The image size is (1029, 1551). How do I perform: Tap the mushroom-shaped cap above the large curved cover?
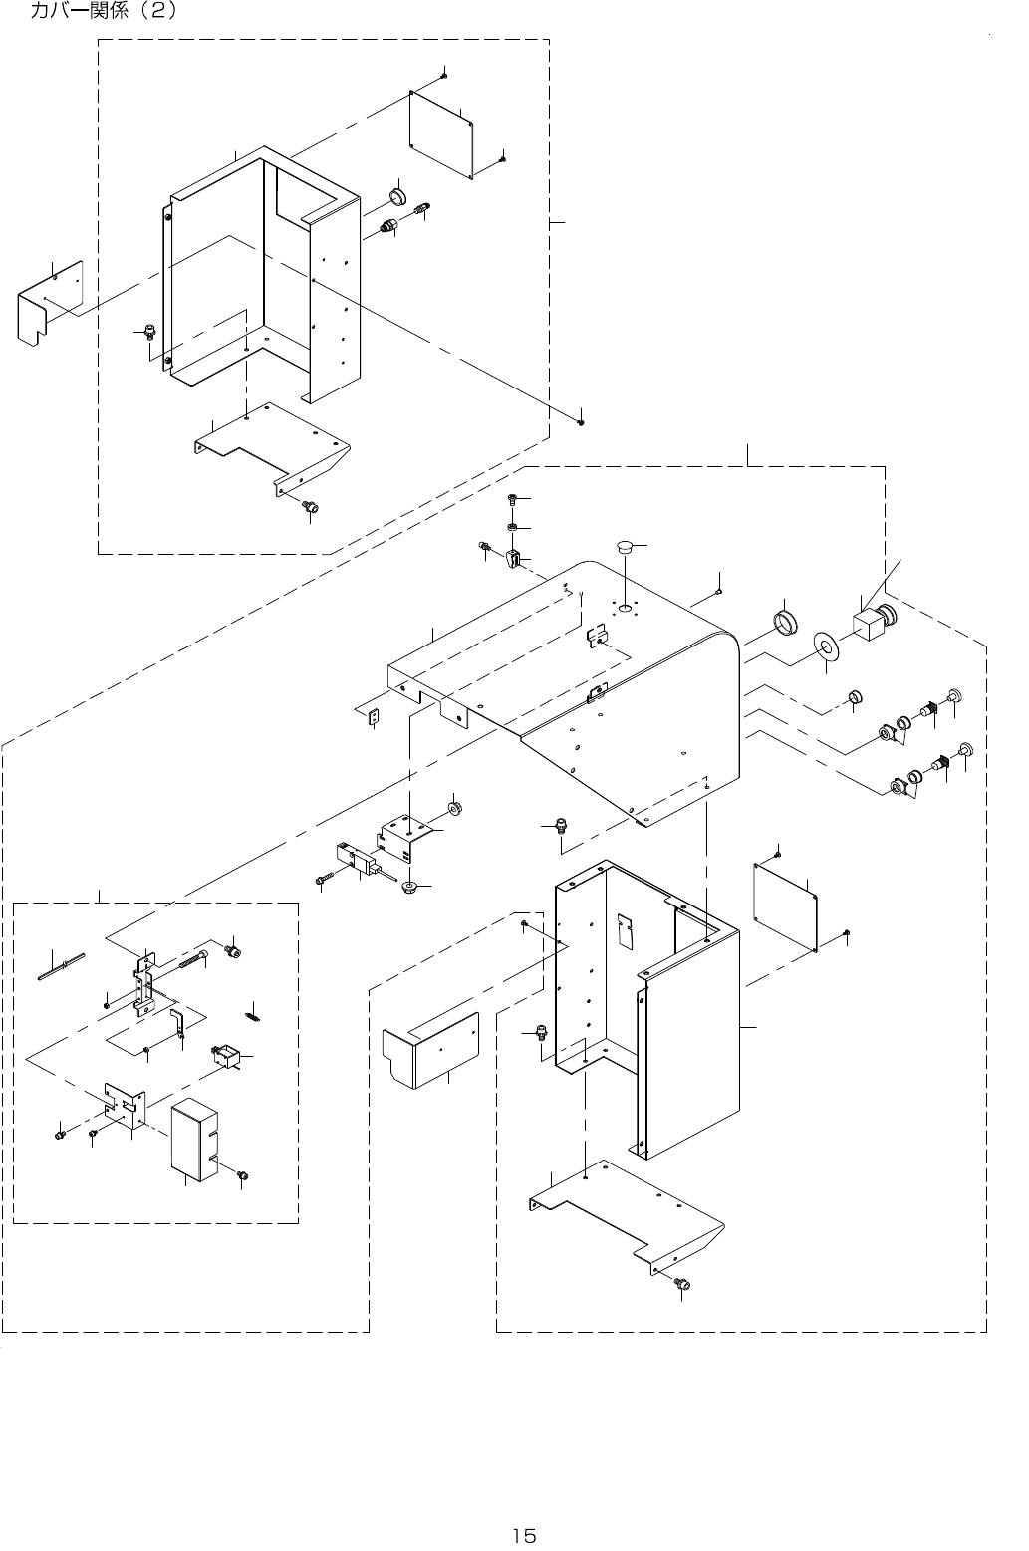tap(624, 546)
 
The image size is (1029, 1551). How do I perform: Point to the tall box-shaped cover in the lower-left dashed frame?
tap(194, 1139)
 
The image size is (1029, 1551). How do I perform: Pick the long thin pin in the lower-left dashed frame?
tap(60, 966)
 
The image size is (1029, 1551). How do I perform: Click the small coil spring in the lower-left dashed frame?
tap(253, 1016)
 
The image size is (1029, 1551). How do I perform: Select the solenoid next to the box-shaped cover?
tap(226, 1057)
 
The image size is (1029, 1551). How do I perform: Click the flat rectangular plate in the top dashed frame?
tap(441, 135)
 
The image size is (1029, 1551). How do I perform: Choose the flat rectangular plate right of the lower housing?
tap(785, 907)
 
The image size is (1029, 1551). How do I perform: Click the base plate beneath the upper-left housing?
tap(272, 447)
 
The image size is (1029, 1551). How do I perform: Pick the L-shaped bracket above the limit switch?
tap(405, 837)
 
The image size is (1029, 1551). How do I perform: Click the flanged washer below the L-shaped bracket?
tap(409, 887)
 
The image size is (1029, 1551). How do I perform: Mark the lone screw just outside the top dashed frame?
tap(581, 422)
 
